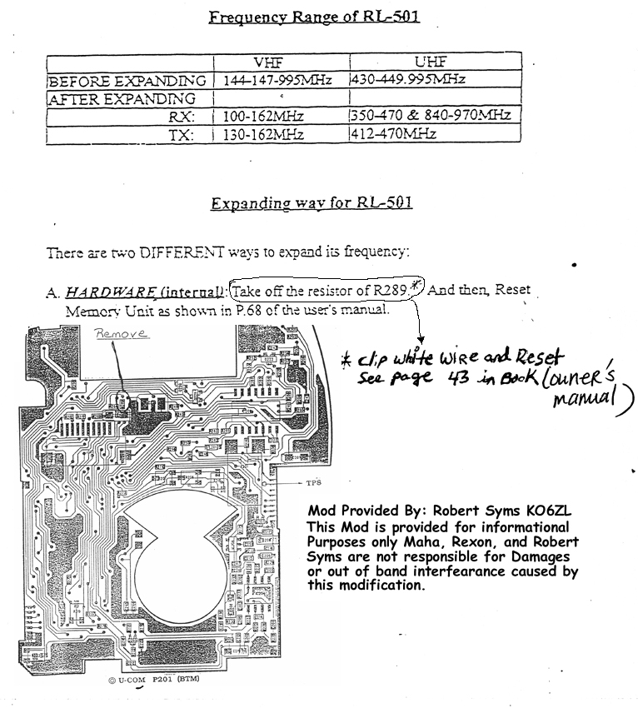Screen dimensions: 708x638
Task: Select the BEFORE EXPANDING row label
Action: pyautogui.click(x=127, y=82)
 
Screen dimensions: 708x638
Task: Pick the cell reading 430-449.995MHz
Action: pyautogui.click(x=410, y=80)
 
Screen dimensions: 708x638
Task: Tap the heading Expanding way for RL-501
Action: pyautogui.click(x=311, y=203)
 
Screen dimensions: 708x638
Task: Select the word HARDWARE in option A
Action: pyautogui.click(x=105, y=292)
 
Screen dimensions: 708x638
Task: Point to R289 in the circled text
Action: pyautogui.click(x=390, y=292)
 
